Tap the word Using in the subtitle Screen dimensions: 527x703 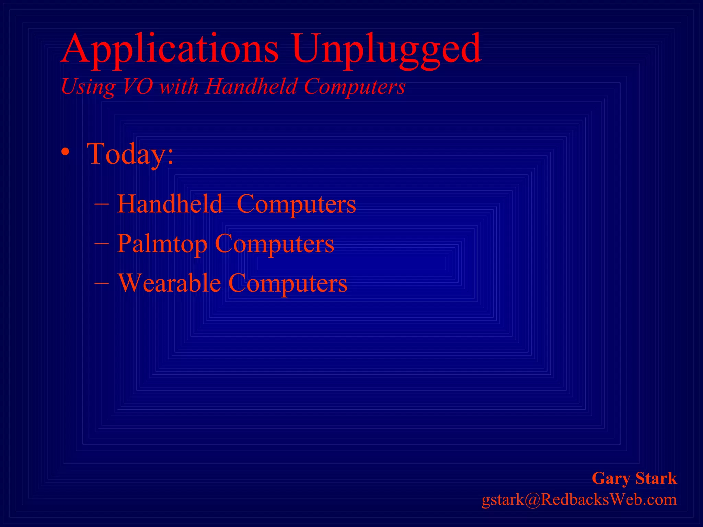[88, 86]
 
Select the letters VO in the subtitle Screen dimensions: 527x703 [137, 86]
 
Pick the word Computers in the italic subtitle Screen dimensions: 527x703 [355, 86]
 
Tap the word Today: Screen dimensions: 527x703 [130, 154]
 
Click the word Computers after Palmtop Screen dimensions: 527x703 [274, 244]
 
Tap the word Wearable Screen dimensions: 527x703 [169, 283]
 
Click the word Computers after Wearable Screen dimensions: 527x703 [288, 283]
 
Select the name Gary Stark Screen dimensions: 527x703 [634, 478]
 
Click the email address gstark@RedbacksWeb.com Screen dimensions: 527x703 [579, 500]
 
